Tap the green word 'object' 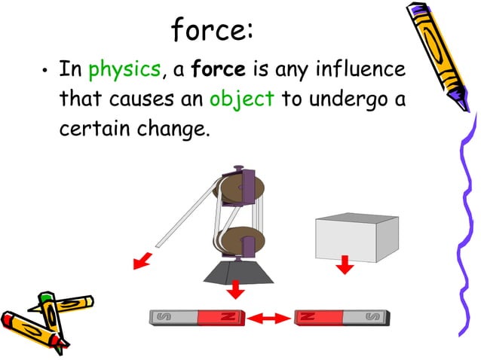pyautogui.click(x=241, y=99)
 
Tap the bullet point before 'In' pyautogui.click(x=44, y=72)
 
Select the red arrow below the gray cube pyautogui.click(x=345, y=264)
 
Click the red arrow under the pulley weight pyautogui.click(x=237, y=288)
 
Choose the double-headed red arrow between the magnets pyautogui.click(x=270, y=319)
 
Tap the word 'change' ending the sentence pyautogui.click(x=170, y=127)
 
